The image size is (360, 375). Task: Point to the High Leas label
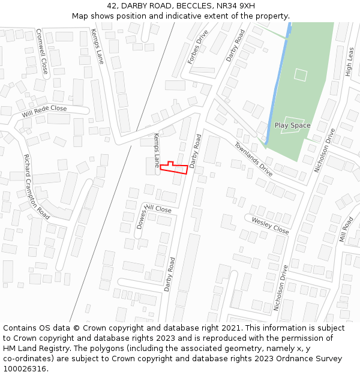(350, 62)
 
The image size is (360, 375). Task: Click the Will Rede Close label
(44, 111)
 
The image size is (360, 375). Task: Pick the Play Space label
(292, 125)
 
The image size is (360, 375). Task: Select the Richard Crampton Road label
(37, 186)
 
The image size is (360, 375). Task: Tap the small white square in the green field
(301, 75)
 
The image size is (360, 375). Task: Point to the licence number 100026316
(26, 368)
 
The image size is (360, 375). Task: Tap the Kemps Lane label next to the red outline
(157, 150)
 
